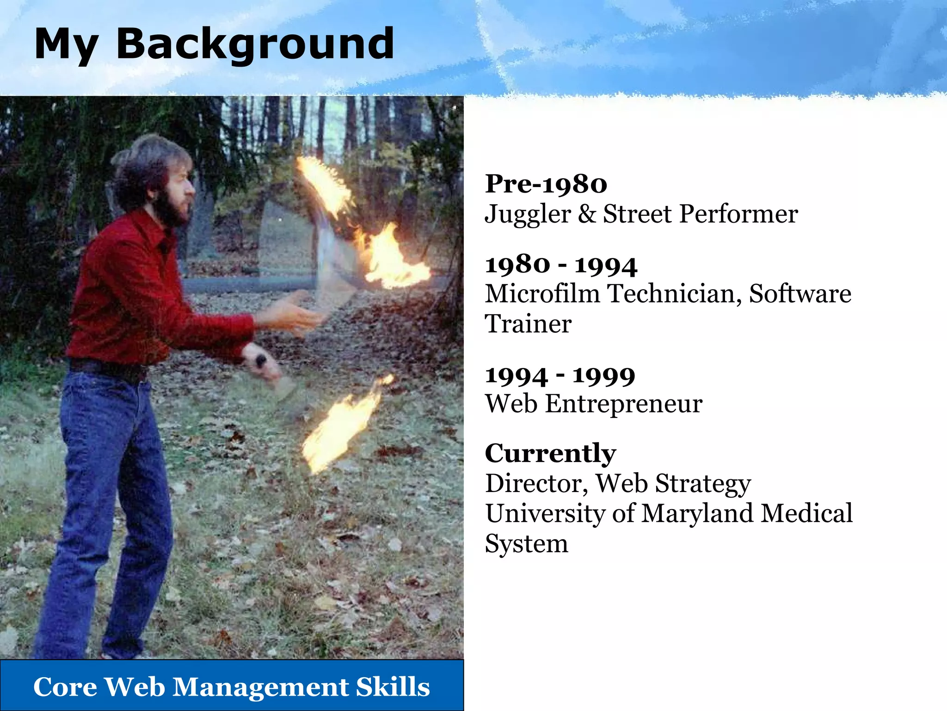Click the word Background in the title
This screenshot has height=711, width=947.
255,44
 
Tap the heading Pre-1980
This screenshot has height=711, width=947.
546,184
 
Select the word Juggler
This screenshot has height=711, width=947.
528,214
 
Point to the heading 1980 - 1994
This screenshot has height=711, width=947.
561,265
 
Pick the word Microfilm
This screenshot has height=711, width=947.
542,294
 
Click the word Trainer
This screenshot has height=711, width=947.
528,324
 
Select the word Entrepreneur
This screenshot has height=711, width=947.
624,404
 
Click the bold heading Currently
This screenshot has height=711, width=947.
550,453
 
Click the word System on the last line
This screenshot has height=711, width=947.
526,543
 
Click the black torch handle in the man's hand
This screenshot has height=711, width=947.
260,361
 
